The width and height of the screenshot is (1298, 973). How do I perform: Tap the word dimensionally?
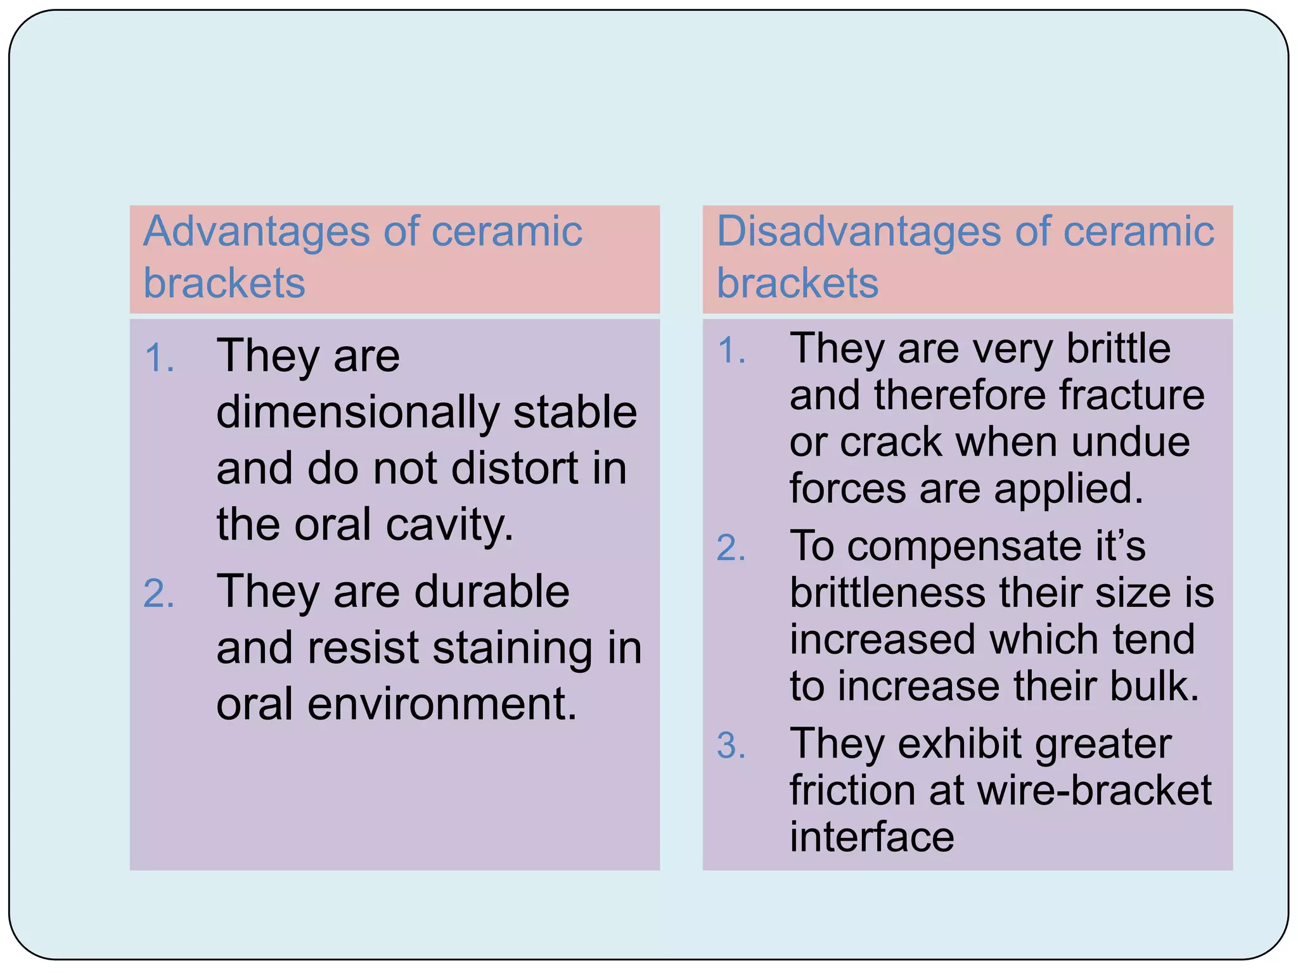point(357,413)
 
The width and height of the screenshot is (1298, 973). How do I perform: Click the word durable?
point(492,592)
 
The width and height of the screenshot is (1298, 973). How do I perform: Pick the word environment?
point(442,704)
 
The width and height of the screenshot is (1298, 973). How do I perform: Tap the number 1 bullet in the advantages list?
point(158,359)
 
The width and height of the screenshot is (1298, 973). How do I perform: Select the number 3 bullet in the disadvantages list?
point(731,746)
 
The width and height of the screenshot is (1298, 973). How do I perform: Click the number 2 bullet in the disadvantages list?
point(731,549)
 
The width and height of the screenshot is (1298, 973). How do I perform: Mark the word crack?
point(890,442)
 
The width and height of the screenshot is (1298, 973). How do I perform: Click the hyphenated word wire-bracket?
point(1094,791)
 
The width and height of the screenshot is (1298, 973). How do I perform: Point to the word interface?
point(871,837)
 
